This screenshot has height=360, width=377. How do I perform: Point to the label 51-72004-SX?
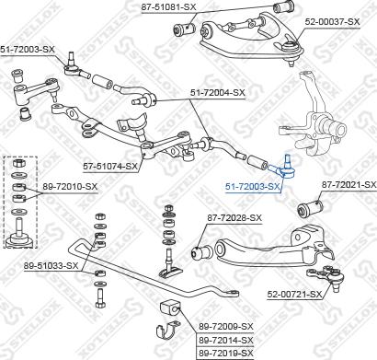click(x=218, y=92)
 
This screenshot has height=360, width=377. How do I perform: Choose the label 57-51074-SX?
click(x=110, y=167)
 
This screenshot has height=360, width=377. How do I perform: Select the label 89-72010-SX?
click(x=71, y=188)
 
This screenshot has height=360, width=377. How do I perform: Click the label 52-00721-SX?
click(x=294, y=295)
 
